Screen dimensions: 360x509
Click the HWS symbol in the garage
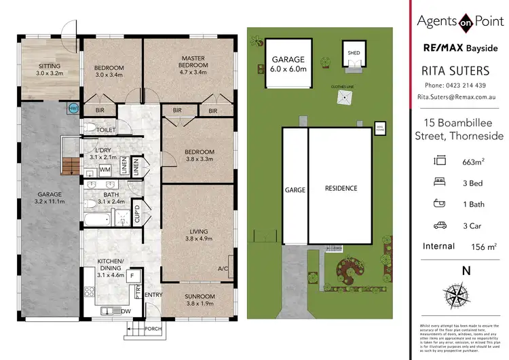pos(73,107)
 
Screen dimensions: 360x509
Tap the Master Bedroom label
pos(193,62)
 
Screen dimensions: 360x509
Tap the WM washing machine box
pos(105,168)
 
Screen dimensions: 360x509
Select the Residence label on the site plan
pos(340,188)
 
